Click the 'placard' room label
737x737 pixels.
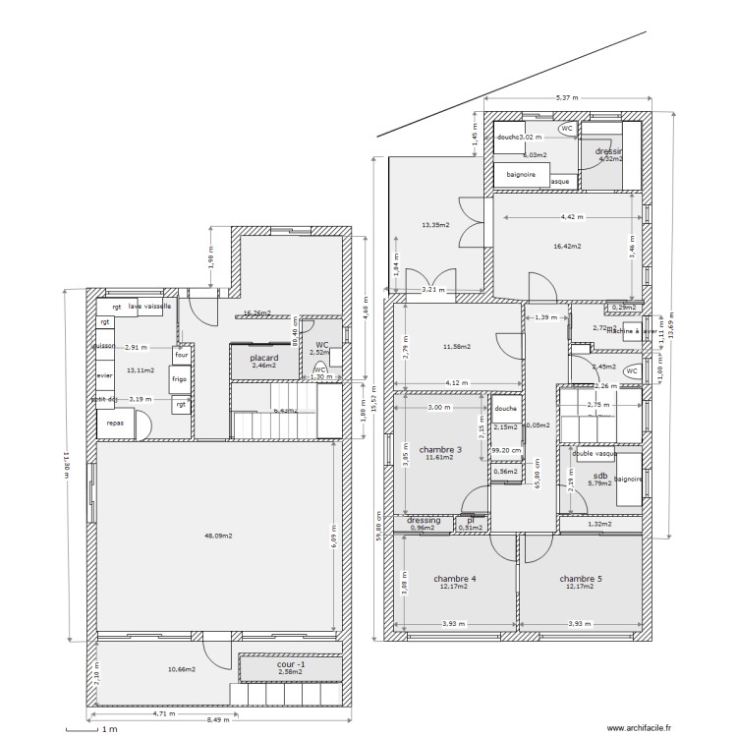pos(263,358)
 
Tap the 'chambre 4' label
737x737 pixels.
pos(455,579)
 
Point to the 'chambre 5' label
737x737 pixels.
pos(581,579)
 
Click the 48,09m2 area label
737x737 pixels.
pos(217,537)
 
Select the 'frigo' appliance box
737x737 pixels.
pos(179,378)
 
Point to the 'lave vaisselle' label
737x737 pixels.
pos(149,307)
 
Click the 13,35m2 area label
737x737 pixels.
pos(435,225)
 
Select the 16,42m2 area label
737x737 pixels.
pos(567,247)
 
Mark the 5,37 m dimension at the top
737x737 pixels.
pos(567,98)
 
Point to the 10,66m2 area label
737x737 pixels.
pos(181,669)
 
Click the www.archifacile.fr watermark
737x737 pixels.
pos(638,727)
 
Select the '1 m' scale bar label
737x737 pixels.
pos(109,729)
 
